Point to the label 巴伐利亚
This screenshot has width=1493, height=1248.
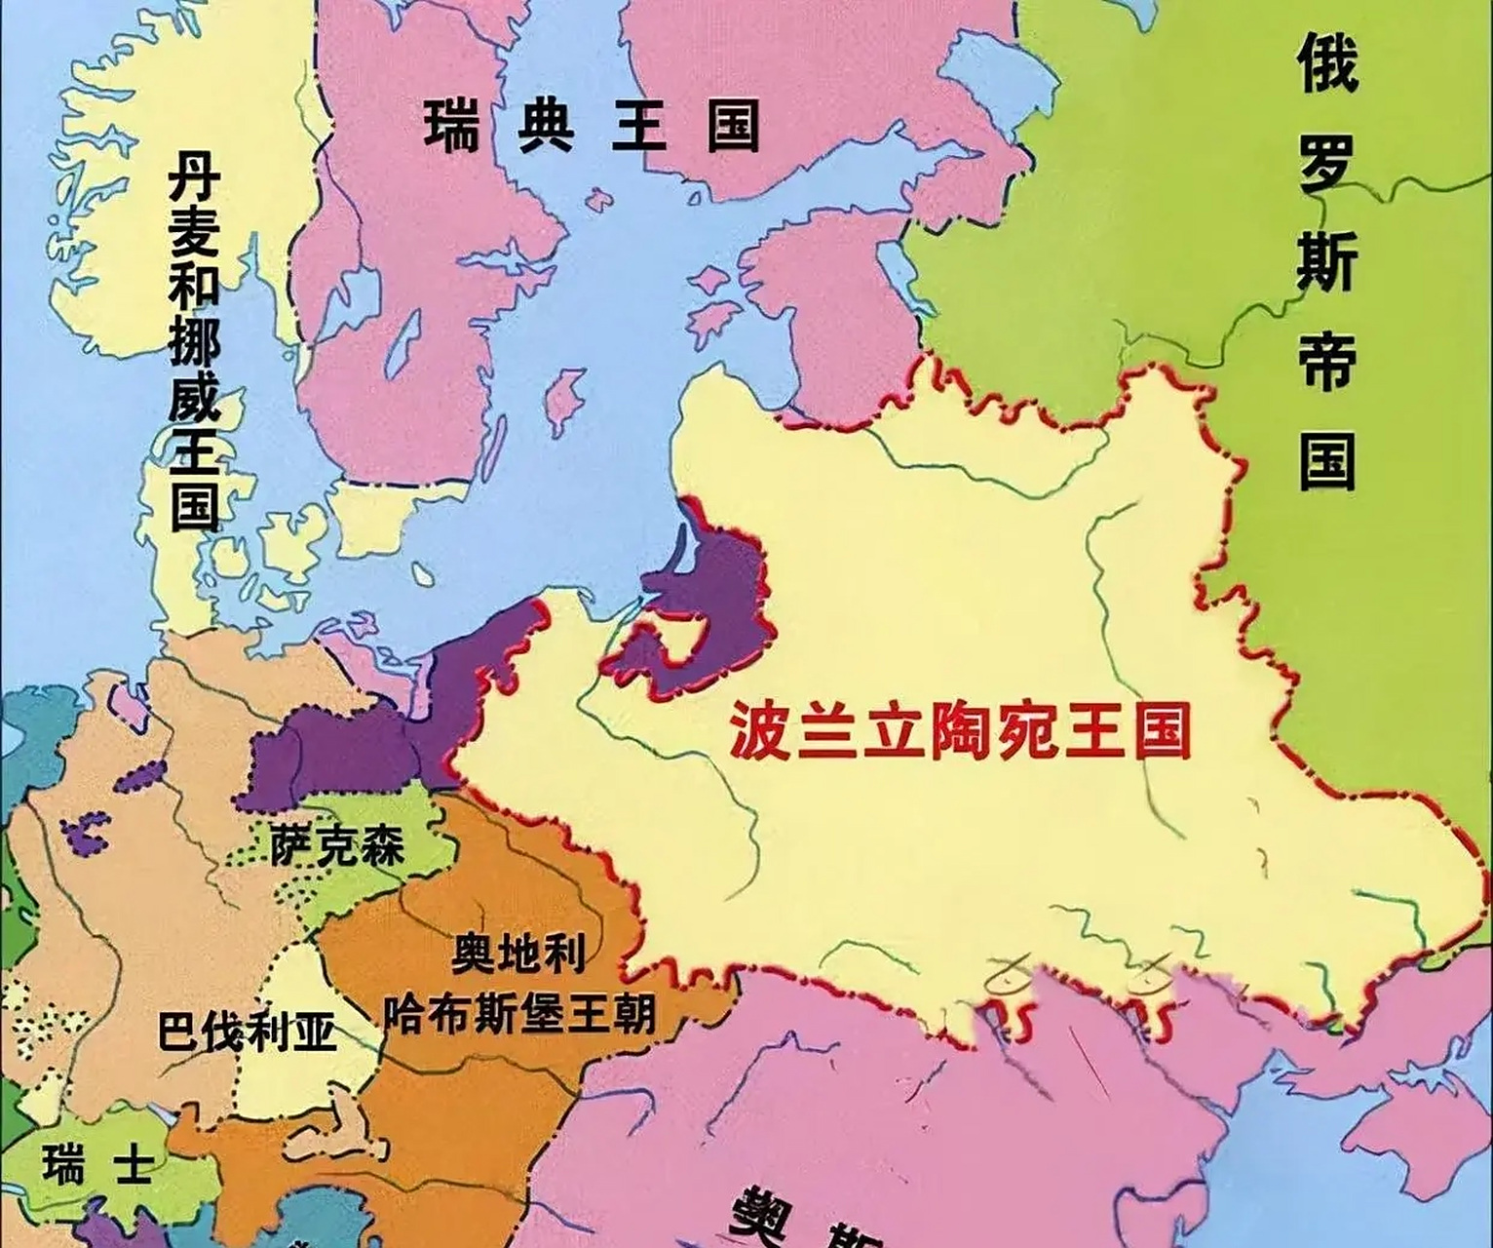247,1030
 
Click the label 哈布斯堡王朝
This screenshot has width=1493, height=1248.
518,1014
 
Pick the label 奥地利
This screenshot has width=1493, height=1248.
518,954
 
